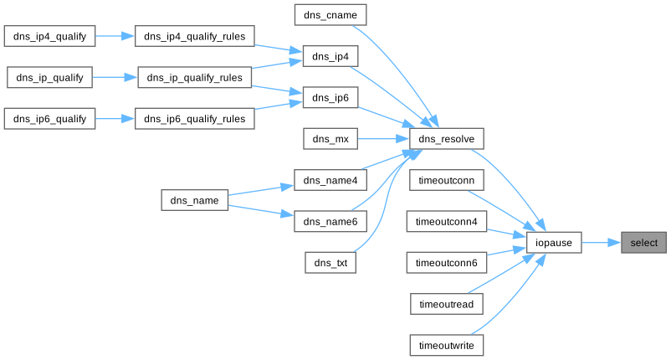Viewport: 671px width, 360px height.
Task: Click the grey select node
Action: tap(643, 243)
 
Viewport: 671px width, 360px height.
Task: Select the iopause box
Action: tap(554, 243)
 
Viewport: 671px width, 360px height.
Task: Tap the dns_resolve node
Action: tap(447, 139)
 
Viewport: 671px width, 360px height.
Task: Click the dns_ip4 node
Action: tap(330, 56)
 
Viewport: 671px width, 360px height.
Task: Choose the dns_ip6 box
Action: tap(330, 98)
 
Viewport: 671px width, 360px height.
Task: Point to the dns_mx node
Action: tap(330, 139)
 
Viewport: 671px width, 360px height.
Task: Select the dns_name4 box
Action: tap(330, 180)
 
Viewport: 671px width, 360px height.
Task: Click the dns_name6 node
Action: tap(330, 222)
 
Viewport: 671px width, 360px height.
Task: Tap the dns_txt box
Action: tap(330, 263)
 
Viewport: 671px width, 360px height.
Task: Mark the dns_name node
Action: tap(194, 201)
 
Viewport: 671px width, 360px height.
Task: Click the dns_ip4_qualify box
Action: tap(49, 36)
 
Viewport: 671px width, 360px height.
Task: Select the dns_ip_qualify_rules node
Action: tap(194, 78)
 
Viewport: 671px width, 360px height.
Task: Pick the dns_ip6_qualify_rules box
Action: tap(194, 119)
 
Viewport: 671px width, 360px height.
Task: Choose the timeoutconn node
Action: tap(445, 180)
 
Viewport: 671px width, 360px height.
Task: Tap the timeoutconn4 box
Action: tap(445, 222)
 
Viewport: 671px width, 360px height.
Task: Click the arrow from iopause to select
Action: tap(601, 243)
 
